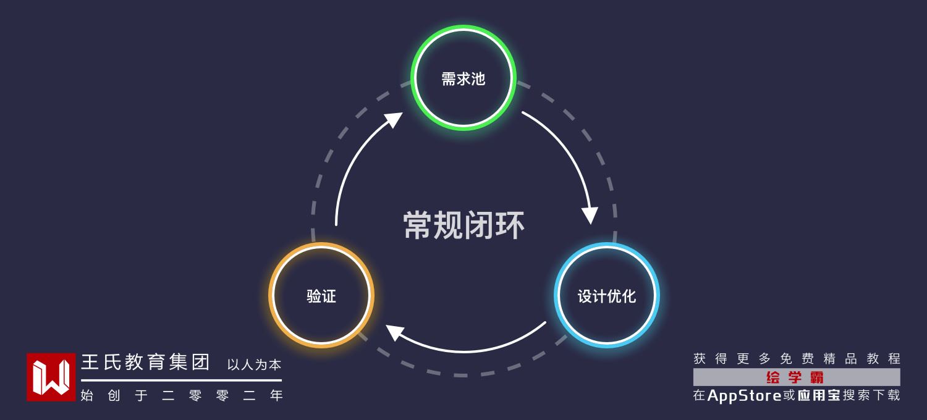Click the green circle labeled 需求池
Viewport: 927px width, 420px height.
click(x=463, y=78)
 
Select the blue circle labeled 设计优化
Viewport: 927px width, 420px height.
click(x=606, y=295)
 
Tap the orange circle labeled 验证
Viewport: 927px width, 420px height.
click(x=321, y=295)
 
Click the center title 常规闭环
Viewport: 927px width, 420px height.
click(x=463, y=225)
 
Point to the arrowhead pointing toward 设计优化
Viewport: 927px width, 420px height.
click(x=590, y=216)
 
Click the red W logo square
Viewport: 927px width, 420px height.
click(x=51, y=377)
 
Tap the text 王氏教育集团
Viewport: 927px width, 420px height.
click(x=146, y=363)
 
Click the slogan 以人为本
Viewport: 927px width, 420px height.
click(x=254, y=364)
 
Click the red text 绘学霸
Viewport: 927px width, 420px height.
click(x=795, y=377)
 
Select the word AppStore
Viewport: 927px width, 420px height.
click(x=744, y=395)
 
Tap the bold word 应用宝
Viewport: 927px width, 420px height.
click(x=819, y=395)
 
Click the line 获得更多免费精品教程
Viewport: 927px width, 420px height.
click(x=797, y=359)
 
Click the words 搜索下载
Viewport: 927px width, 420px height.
click(x=871, y=395)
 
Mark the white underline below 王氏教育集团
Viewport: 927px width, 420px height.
click(x=181, y=380)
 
